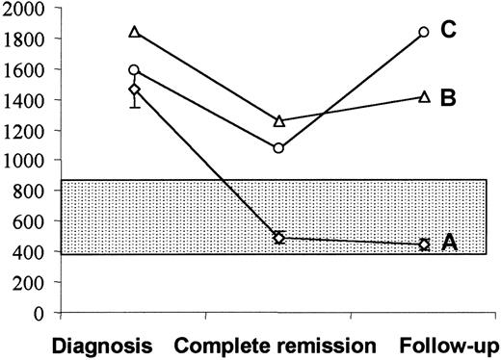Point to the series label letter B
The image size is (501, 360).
click(447, 97)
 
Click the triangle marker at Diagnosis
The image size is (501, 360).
click(135, 32)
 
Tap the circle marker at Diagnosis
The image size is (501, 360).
click(135, 70)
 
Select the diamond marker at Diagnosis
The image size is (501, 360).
click(135, 90)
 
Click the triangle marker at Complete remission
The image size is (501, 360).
click(279, 121)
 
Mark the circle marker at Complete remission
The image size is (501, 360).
click(279, 148)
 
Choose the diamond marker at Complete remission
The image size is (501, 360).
click(279, 237)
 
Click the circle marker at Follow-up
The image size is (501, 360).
click(424, 32)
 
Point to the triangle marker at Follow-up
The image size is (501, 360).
click(424, 97)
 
